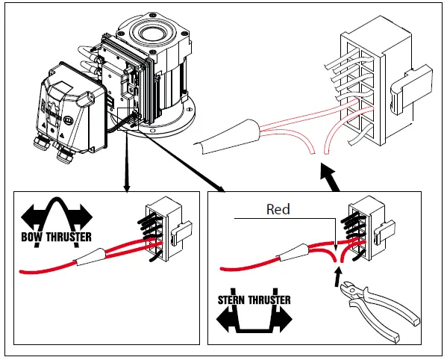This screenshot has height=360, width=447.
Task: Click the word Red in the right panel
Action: (x=278, y=210)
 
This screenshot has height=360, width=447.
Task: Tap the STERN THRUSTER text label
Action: (x=253, y=300)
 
